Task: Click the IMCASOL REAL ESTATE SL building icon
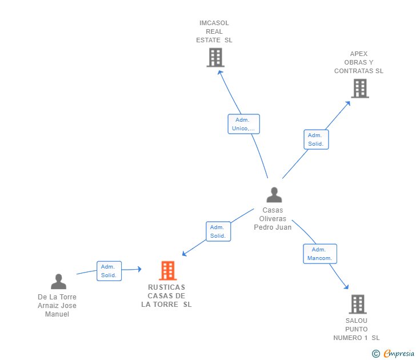(x=215, y=57)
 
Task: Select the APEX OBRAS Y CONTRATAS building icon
(x=360, y=89)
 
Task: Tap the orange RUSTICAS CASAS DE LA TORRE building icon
(x=168, y=271)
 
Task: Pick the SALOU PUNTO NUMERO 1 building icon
(x=358, y=304)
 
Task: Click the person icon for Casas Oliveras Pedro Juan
(x=274, y=195)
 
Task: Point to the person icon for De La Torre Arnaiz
(x=59, y=282)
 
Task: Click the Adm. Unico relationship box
(x=243, y=124)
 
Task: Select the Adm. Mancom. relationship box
(x=320, y=254)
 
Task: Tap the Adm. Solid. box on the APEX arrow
(x=316, y=139)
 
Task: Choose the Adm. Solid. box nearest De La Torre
(x=109, y=271)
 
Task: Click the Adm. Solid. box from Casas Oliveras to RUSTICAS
(x=218, y=231)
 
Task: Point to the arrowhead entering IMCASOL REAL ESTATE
(x=220, y=73)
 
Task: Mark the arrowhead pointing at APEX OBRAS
(x=348, y=103)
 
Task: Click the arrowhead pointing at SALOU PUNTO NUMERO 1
(x=346, y=286)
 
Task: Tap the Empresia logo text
(x=399, y=353)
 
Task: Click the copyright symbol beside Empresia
(x=376, y=354)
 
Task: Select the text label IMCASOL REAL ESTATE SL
(x=214, y=31)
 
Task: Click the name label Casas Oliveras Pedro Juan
(x=273, y=219)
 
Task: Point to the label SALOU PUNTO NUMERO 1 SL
(x=357, y=329)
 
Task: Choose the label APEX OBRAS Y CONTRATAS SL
(x=359, y=62)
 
